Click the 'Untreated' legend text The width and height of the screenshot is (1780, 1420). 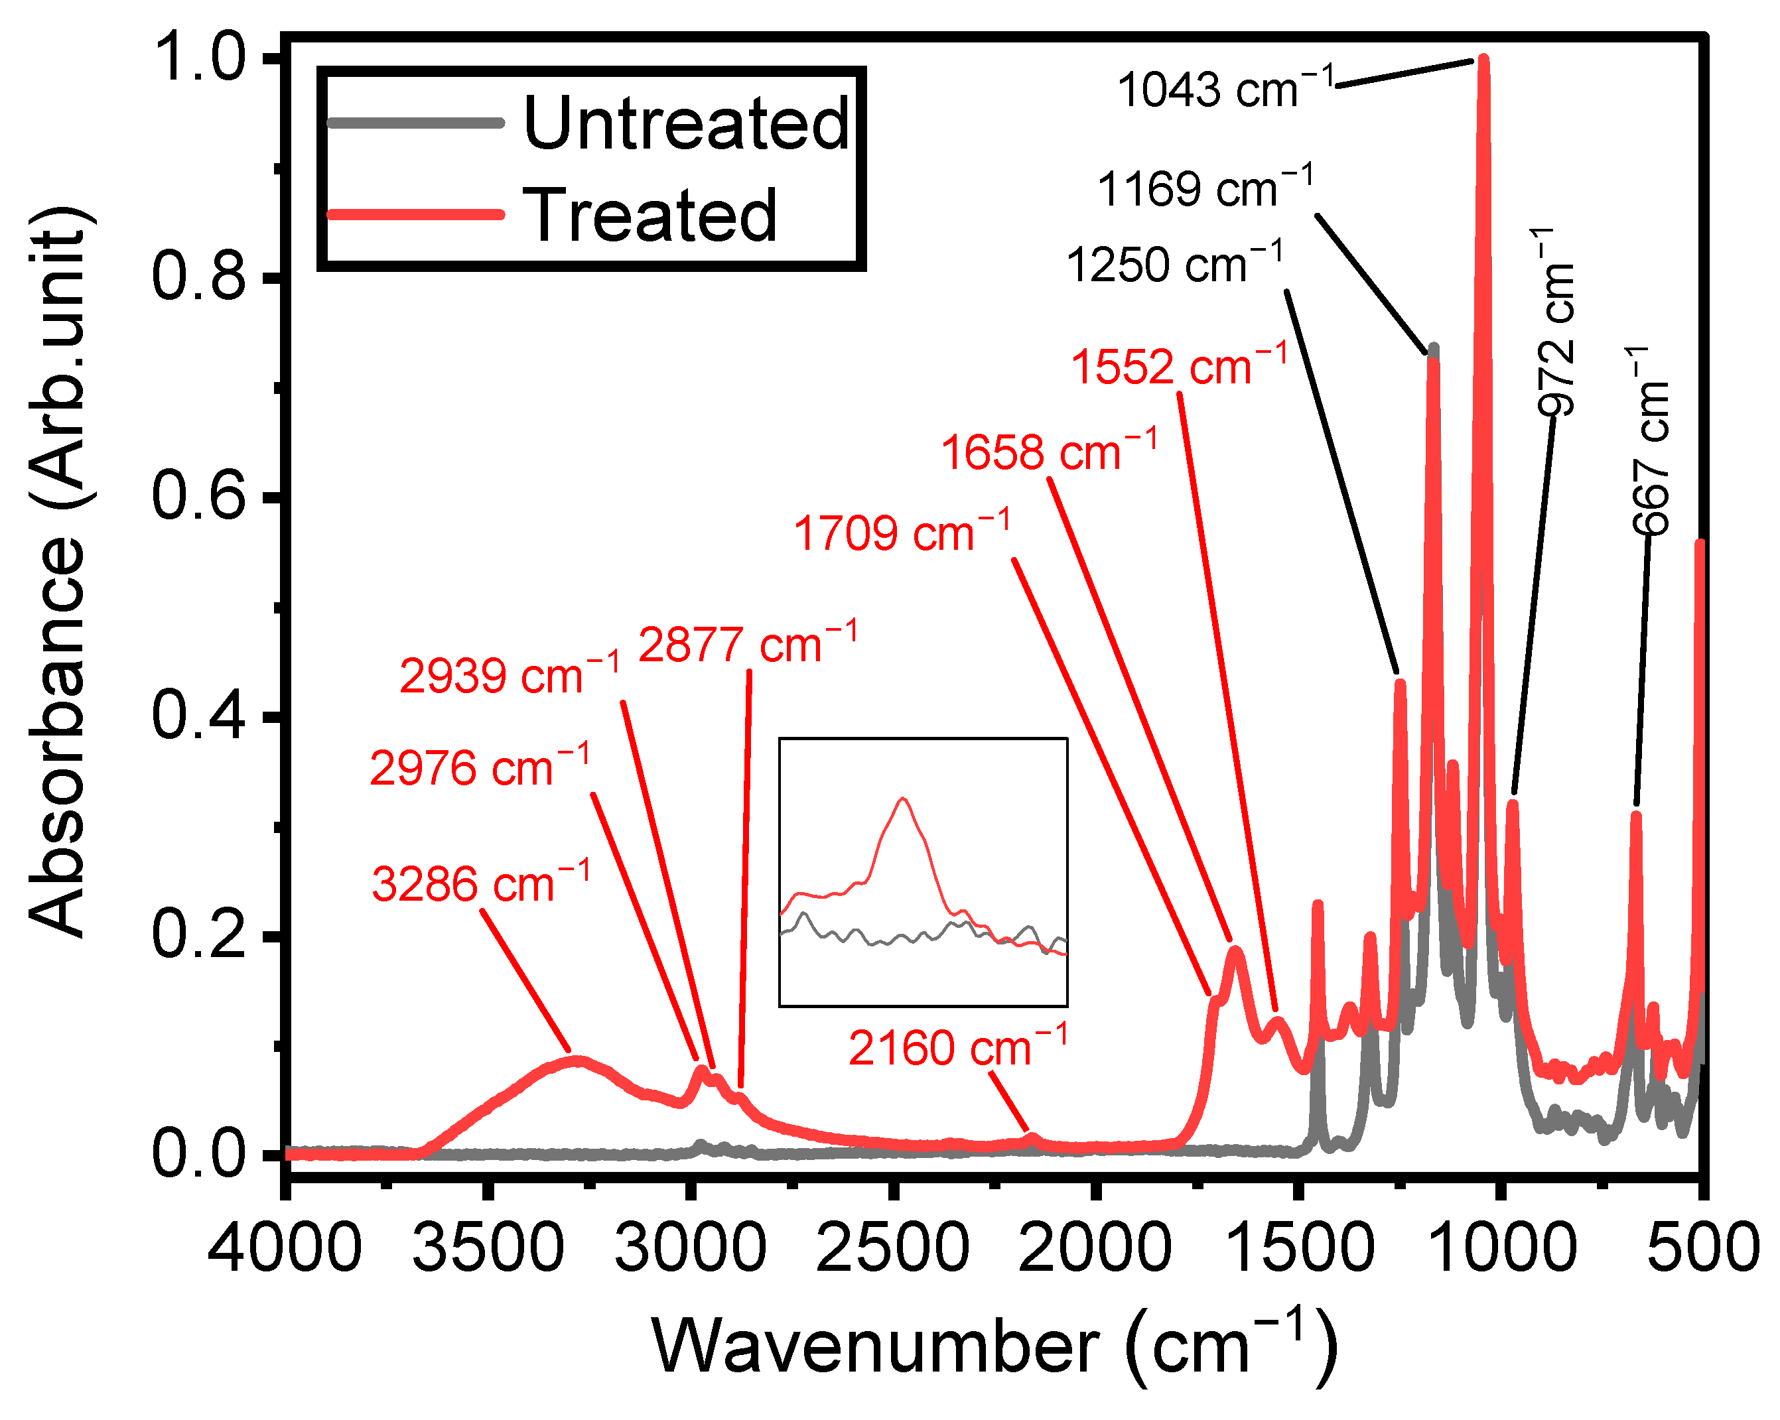pyautogui.click(x=686, y=124)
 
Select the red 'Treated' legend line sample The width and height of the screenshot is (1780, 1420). pyautogui.click(x=415, y=215)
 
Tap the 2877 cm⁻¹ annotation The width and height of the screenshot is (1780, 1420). pyautogui.click(x=747, y=643)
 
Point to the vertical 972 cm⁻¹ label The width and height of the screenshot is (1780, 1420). pyautogui.click(x=1556, y=322)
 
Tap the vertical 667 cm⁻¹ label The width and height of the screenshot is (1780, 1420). pyautogui.click(x=1651, y=441)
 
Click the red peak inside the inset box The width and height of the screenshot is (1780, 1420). pyautogui.click(x=902, y=800)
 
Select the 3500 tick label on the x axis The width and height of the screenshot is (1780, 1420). pyautogui.click(x=488, y=1248)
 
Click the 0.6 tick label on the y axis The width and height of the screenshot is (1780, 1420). pyautogui.click(x=199, y=496)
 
